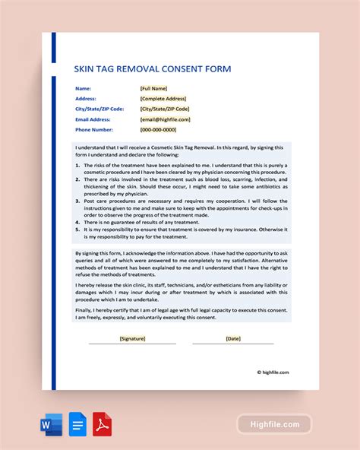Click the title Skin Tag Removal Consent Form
[x=152, y=69]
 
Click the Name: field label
[x=84, y=88]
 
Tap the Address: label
[x=87, y=98]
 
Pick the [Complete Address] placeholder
[x=163, y=98]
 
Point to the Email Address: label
[x=93, y=119]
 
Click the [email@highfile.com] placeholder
[x=166, y=119]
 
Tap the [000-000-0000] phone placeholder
[x=161, y=129]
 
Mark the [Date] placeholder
[x=232, y=338]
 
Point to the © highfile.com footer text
[x=272, y=372]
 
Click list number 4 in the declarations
[x=77, y=220]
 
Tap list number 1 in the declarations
[x=77, y=164]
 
